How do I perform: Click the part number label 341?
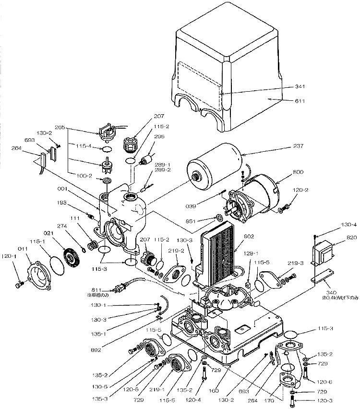pyautogui.click(x=300, y=87)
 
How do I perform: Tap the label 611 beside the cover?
pyautogui.click(x=300, y=101)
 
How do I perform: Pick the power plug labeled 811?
pyautogui.click(x=118, y=289)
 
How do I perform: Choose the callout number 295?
pyautogui.click(x=159, y=137)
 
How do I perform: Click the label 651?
pyautogui.click(x=202, y=222)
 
